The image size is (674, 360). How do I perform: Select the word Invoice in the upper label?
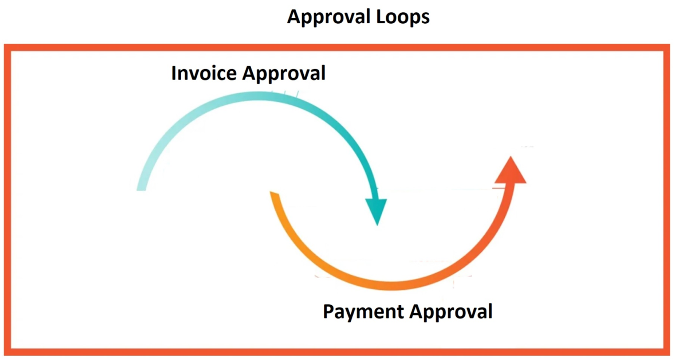(204, 73)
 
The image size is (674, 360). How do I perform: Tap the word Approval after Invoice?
(284, 74)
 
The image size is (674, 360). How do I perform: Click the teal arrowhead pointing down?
(377, 211)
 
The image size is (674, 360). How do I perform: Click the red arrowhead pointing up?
(511, 172)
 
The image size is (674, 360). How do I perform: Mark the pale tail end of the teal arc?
(142, 186)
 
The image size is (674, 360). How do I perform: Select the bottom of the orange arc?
(391, 285)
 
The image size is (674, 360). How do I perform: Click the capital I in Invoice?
(174, 73)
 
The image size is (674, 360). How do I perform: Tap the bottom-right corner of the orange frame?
(666, 352)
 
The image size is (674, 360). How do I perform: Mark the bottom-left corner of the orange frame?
(8, 352)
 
